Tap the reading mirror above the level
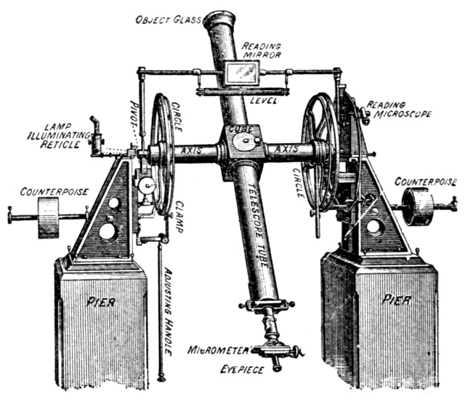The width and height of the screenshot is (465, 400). point(243,71)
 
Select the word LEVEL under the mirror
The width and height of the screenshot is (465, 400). point(264,100)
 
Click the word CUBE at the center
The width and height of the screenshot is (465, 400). point(240,129)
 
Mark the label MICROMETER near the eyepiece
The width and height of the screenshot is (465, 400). point(216,350)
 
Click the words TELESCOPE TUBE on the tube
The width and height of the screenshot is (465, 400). point(254,226)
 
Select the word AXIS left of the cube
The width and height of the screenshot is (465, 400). point(193,151)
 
